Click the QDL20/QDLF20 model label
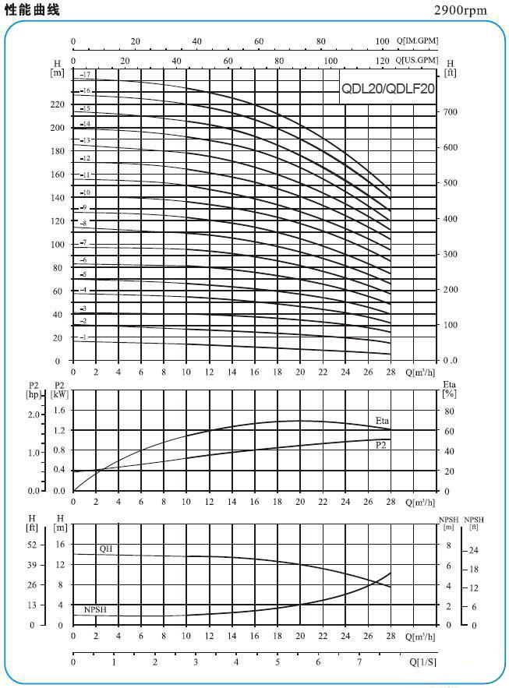tap(387, 89)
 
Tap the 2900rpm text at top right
tap(460, 10)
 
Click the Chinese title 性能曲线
tap(31, 9)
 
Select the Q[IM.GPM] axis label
tap(417, 41)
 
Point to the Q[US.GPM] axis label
tap(417, 59)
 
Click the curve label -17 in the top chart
tap(86, 74)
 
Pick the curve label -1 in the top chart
tap(83, 337)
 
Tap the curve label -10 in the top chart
tap(85, 192)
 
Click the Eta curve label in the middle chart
tap(382, 421)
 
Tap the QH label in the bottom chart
tap(106, 549)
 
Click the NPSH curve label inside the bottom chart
tap(95, 609)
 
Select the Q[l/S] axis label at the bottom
tap(422, 662)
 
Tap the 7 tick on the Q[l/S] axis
tap(359, 662)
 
